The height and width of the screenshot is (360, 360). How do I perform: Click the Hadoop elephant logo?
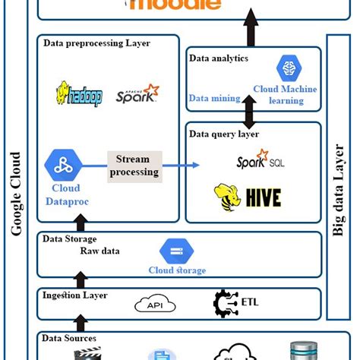(x=77, y=94)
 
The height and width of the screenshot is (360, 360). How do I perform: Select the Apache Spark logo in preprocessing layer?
(x=137, y=94)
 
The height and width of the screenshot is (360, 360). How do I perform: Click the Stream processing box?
(x=134, y=166)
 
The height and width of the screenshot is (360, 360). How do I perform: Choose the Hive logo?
(x=248, y=197)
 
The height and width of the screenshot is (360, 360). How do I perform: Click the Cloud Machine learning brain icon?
(x=289, y=68)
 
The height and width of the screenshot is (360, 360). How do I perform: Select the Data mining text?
(x=214, y=98)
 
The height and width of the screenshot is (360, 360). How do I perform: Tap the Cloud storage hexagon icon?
(x=176, y=251)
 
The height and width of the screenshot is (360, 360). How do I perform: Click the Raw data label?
(x=100, y=251)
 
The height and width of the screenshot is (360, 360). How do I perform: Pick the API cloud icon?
(x=155, y=305)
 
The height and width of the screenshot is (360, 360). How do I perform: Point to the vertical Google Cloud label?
(x=16, y=194)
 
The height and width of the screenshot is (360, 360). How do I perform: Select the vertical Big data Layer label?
(x=339, y=190)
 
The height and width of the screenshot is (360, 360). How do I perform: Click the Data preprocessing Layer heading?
(x=96, y=43)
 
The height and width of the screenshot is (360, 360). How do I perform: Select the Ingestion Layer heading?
(x=75, y=295)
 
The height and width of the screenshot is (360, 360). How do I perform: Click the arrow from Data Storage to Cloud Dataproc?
(x=80, y=222)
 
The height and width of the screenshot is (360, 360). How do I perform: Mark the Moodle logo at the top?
(x=175, y=5)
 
